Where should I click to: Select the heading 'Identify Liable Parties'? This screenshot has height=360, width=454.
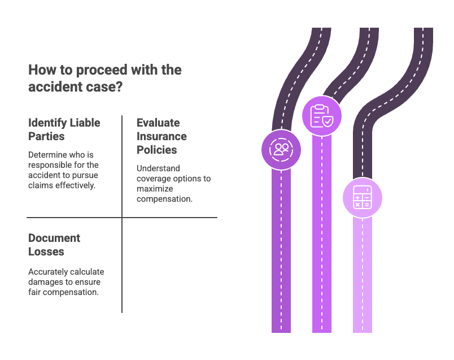click(63, 129)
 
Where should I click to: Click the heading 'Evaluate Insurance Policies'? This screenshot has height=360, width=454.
click(161, 136)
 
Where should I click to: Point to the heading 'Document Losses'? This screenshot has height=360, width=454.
click(54, 245)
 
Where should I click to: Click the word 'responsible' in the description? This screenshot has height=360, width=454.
click(52, 165)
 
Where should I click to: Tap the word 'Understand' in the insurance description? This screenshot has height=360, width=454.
click(159, 169)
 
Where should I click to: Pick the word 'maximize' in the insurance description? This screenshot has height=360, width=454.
click(155, 189)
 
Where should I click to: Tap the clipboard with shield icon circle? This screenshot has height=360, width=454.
click(321, 116)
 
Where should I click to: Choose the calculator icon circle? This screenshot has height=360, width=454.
click(362, 198)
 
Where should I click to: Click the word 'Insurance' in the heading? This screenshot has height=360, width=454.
click(161, 136)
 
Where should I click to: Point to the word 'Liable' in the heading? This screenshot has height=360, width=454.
click(84, 123)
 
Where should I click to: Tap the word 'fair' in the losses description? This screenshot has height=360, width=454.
click(34, 292)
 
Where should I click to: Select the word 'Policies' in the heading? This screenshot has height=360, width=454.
click(156, 150)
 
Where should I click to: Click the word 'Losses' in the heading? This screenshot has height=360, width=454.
click(46, 251)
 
